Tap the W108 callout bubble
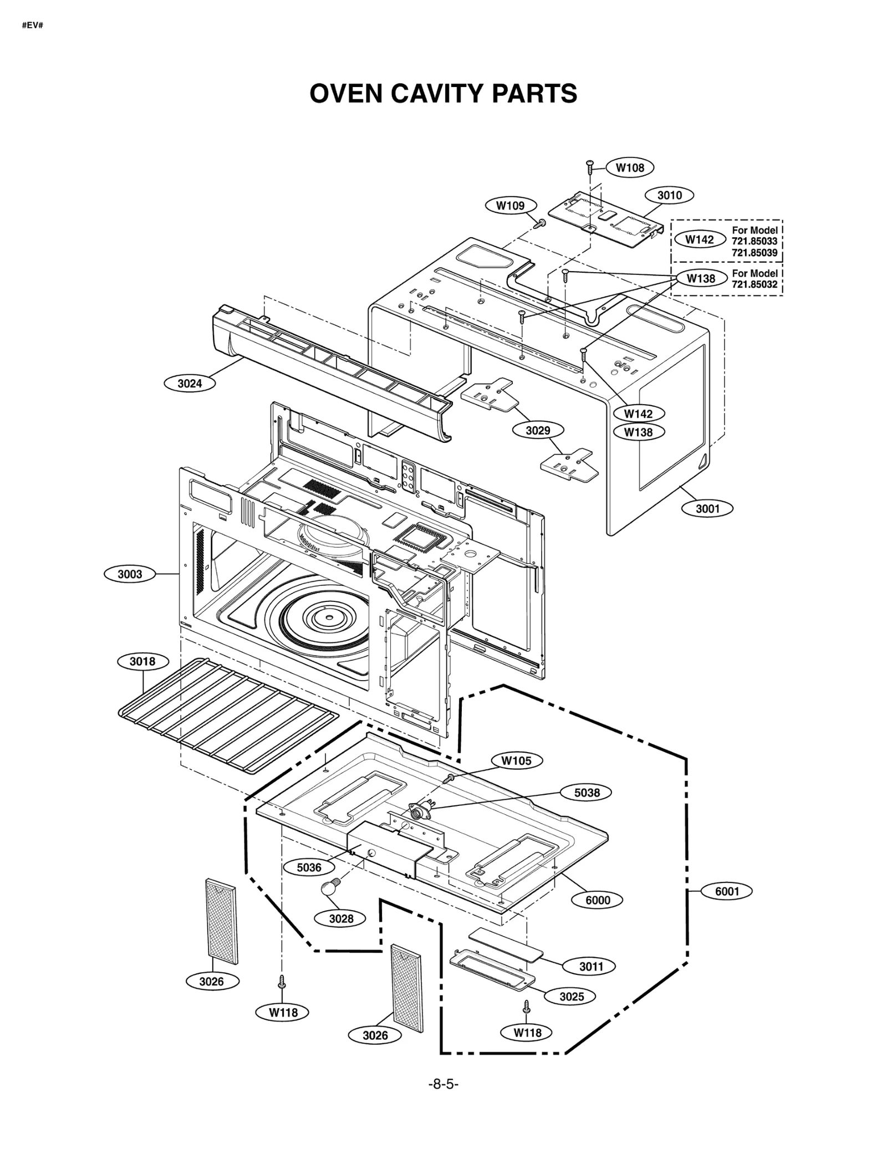point(630,167)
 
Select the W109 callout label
point(510,206)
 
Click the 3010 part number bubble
point(669,195)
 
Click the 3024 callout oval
point(190,383)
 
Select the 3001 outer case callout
point(707,508)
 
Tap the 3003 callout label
point(130,574)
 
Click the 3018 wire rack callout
point(142,661)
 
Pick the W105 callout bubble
point(516,761)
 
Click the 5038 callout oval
point(587,793)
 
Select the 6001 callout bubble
point(727,891)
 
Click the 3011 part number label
point(591,967)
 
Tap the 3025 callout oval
point(571,997)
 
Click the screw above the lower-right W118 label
point(527,1007)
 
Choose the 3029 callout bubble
point(537,430)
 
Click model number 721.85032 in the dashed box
point(755,284)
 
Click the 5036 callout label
point(309,867)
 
